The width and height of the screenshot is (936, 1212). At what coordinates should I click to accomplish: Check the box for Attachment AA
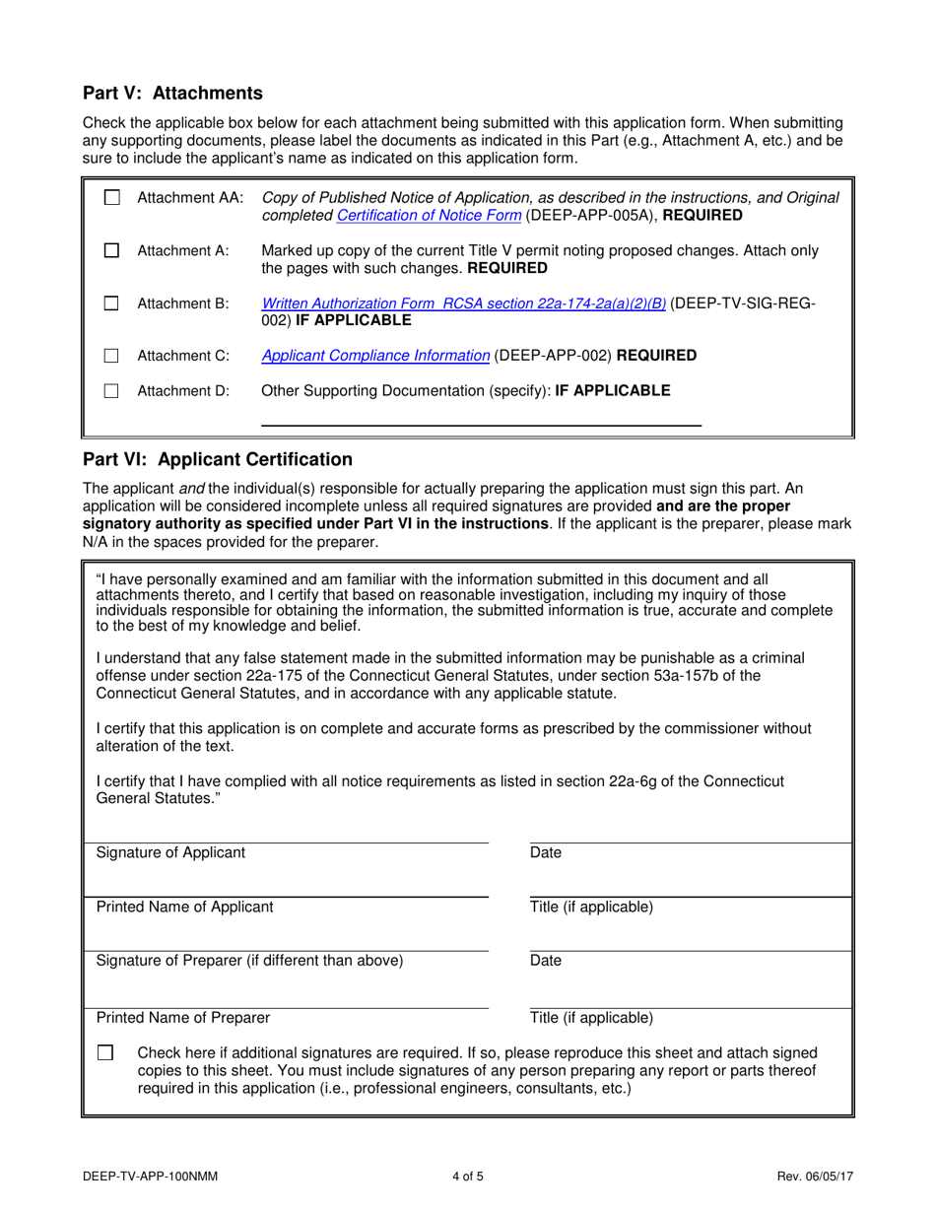[112, 198]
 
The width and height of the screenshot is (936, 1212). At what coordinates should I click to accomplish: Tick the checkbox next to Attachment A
[112, 251]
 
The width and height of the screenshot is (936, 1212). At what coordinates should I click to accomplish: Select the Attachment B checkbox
[112, 304]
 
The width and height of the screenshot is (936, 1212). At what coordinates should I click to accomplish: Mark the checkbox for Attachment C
[112, 356]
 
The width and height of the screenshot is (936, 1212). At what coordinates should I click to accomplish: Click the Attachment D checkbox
[112, 391]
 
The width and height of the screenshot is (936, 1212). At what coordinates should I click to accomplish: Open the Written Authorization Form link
[463, 303]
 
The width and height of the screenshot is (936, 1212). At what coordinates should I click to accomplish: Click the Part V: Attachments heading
[172, 94]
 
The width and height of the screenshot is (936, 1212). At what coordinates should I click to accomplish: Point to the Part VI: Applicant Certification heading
[217, 460]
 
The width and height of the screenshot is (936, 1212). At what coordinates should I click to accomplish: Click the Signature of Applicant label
[170, 853]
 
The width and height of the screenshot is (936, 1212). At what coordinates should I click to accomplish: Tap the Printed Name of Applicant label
[184, 908]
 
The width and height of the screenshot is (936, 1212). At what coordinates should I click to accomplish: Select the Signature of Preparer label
[249, 961]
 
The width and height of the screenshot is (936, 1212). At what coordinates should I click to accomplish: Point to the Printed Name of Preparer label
[182, 1018]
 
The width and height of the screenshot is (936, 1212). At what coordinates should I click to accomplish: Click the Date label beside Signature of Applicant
[545, 853]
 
